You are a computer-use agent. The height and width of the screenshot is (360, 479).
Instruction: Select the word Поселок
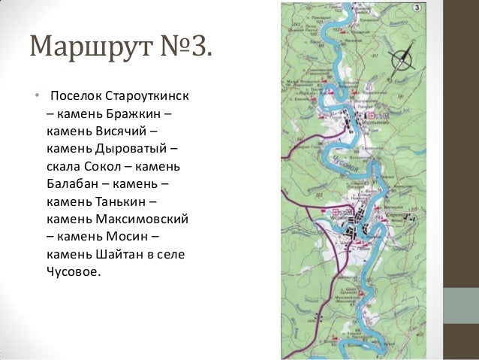click(x=74, y=98)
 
